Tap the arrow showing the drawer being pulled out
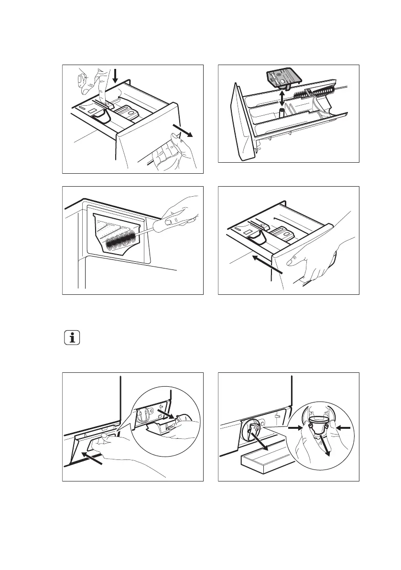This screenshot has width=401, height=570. coord(184,130)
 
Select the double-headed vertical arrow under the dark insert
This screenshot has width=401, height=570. coord(282,99)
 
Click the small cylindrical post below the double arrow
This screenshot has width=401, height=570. coord(282,113)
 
